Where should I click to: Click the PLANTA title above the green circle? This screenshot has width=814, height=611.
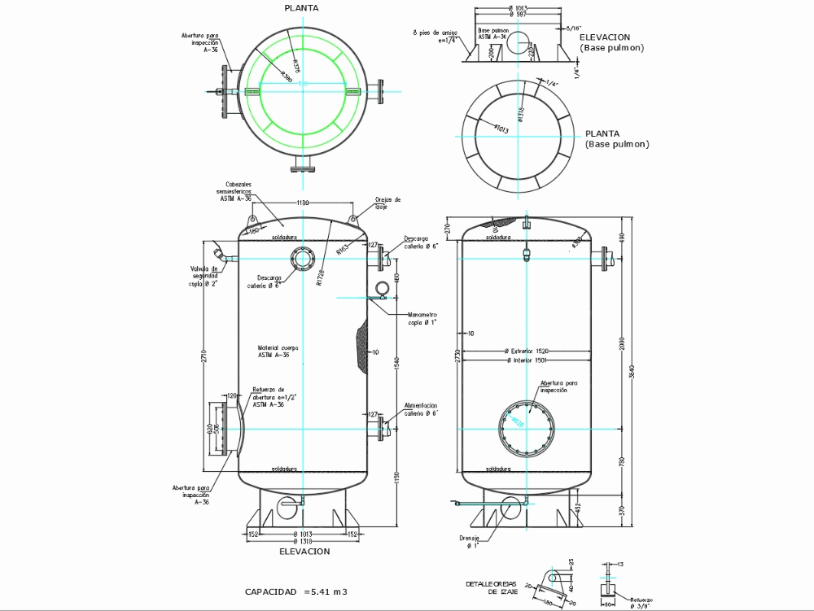300,8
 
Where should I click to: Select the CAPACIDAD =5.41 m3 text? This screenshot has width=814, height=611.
296,591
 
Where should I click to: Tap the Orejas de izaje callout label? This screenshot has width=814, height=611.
387,203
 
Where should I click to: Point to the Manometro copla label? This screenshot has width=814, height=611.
423,318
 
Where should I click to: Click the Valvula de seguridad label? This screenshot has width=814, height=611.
204,276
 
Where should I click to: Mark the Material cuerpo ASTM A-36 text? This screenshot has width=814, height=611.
278,351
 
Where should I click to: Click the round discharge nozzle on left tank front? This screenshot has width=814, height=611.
303,260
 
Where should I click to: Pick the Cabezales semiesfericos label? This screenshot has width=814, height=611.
237,191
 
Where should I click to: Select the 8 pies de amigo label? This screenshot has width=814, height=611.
435,35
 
